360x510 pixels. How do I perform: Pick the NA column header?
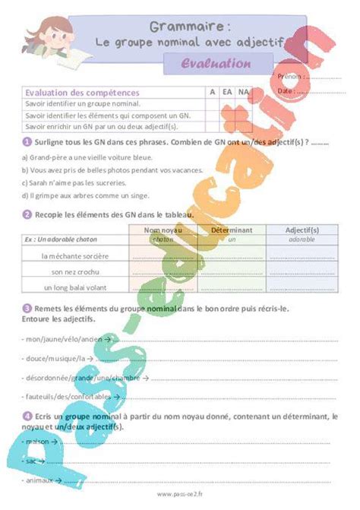[x=243, y=92]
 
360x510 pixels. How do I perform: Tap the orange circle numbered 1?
[x=27, y=142]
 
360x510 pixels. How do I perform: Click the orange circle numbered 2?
[x=27, y=214]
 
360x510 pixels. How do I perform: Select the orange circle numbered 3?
[x=27, y=309]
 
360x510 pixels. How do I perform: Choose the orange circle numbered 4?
[x=27, y=417]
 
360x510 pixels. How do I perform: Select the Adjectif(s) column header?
[x=302, y=229]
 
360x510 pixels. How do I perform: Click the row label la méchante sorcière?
[x=76, y=256]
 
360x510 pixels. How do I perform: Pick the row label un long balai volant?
[x=77, y=287]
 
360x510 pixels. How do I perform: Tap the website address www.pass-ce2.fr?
[x=180, y=496]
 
